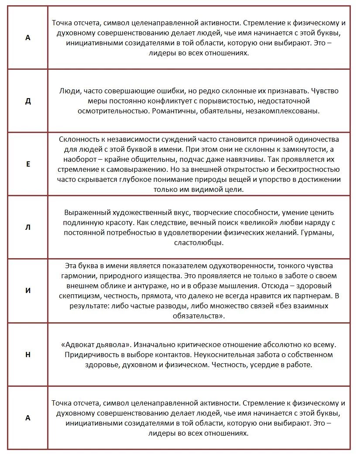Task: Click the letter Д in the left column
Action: click(28, 101)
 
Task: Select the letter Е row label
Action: click(28, 164)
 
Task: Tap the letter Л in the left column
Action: click(28, 228)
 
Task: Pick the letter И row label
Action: click(28, 290)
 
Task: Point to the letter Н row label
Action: click(28, 354)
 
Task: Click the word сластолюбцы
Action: click(199, 243)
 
